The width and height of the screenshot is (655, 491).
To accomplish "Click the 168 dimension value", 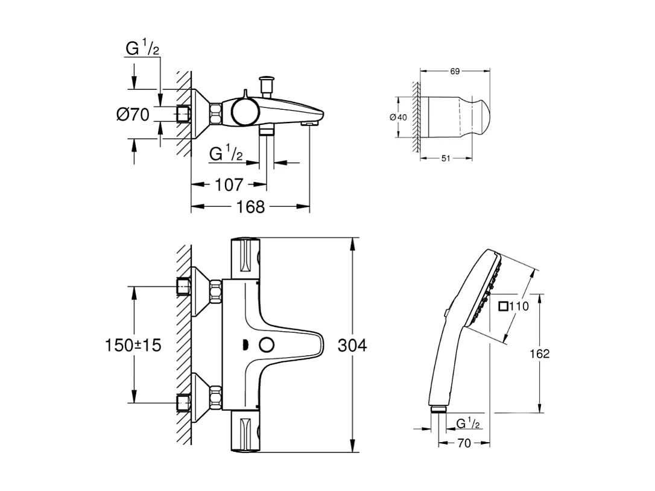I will coord(251,207).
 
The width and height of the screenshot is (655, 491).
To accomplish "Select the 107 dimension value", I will coord(229,185).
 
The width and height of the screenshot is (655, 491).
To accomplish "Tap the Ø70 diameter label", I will coord(133,114).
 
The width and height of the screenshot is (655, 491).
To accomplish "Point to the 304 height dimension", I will coord(352,346).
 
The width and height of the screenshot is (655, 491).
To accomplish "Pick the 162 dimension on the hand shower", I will coord(539,353).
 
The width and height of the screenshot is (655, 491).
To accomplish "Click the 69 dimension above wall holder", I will coord(455,71).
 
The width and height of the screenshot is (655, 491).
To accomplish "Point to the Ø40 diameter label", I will coord(399,117).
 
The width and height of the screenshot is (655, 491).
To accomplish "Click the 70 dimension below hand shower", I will coord(463,443).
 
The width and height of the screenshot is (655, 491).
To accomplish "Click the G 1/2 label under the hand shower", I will coord(468,423).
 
